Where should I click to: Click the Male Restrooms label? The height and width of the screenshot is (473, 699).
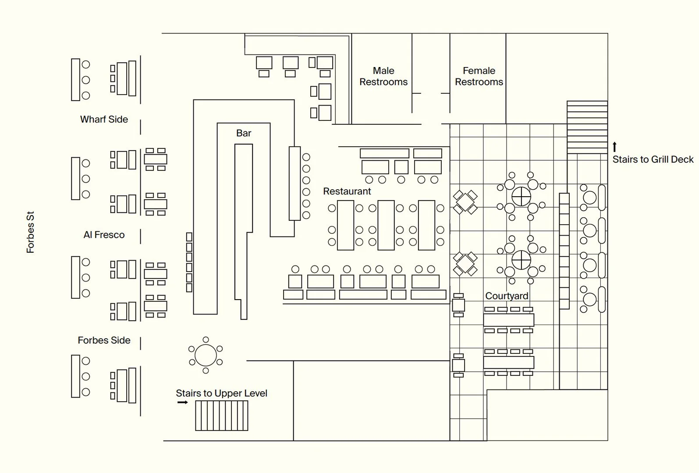tap(383, 76)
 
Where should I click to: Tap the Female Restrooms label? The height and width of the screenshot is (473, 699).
tap(479, 76)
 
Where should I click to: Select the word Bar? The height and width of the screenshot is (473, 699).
tap(244, 133)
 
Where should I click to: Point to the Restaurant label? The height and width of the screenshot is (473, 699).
tap(347, 191)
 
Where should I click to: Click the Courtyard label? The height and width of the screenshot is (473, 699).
tap(507, 296)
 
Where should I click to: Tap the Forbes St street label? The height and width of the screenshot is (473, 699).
tap(30, 232)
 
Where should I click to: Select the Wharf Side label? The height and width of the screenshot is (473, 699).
tap(104, 119)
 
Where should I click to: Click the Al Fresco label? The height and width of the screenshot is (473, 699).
tap(104, 235)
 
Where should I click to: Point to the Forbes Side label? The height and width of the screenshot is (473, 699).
tap(104, 340)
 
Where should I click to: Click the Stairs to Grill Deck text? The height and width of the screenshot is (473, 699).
tap(653, 159)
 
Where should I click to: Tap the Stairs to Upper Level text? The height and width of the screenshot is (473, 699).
tap(221, 393)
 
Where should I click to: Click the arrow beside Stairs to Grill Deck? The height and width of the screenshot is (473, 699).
tap(615, 147)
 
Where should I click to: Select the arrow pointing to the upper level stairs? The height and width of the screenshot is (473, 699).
tap(182, 402)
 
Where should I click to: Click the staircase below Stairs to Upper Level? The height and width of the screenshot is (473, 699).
tap(221, 416)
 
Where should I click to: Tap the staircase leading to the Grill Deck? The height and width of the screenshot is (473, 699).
tap(587, 127)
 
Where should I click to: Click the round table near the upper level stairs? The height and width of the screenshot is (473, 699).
tap(206, 355)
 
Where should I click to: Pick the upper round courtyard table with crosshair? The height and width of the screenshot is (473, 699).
tap(521, 196)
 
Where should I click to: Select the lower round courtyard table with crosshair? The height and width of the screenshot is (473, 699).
tap(521, 260)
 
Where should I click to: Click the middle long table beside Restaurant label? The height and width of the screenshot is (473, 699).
tap(386, 225)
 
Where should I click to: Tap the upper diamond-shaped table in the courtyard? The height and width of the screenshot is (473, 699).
tap(465, 202)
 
